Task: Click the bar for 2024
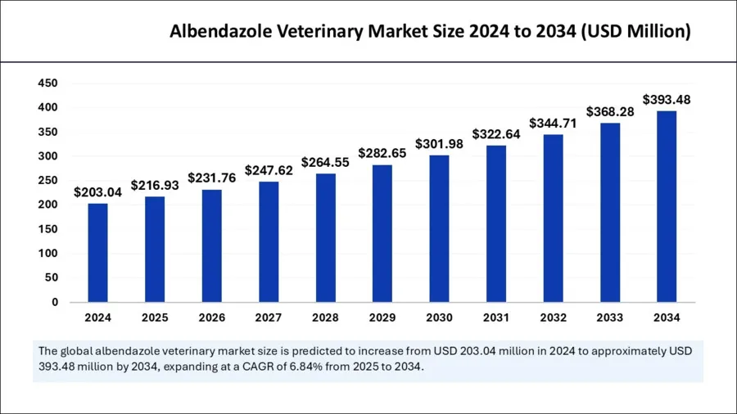point(98,252)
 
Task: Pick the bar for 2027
point(269,241)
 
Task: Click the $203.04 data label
point(98,192)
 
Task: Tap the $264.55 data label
point(325,162)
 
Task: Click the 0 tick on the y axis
point(54,302)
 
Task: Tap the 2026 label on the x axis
point(212,317)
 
